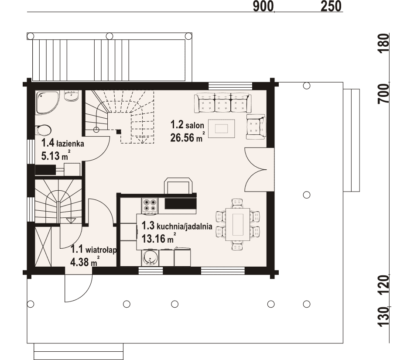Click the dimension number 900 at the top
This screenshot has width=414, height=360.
(x=263, y=6)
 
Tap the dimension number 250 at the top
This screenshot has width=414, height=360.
(x=331, y=6)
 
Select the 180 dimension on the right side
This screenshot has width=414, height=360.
(x=384, y=43)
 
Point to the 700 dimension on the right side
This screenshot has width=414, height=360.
(x=384, y=93)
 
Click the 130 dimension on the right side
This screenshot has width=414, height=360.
(x=384, y=316)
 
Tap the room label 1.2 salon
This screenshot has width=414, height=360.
(x=187, y=125)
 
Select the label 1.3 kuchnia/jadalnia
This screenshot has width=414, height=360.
(x=177, y=226)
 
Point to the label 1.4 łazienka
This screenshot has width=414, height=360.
(x=63, y=144)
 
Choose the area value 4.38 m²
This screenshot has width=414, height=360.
(x=85, y=261)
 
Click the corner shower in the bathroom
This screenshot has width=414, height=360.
(x=48, y=103)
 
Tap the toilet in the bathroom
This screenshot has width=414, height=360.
(x=44, y=130)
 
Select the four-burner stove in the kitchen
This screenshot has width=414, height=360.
(x=150, y=205)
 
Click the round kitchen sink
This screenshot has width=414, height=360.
(x=150, y=258)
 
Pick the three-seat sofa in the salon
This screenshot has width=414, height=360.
(x=222, y=103)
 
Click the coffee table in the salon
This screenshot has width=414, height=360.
(x=221, y=129)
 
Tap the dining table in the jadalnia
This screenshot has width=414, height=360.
(x=238, y=224)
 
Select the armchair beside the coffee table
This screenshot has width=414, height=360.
(x=256, y=127)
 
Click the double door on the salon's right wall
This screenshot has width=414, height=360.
(x=256, y=170)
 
